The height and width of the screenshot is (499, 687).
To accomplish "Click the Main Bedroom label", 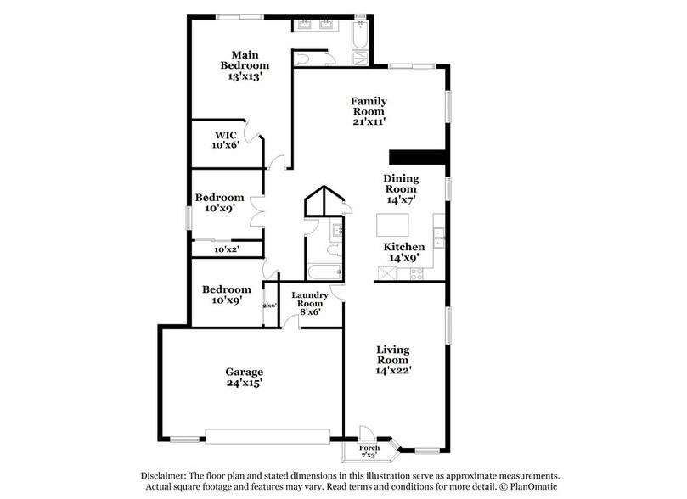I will click(245, 59).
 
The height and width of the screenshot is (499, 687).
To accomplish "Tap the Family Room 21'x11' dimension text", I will click(369, 121).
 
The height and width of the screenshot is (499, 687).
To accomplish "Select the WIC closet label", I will click(225, 134).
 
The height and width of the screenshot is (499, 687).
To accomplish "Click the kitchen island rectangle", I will click(392, 226).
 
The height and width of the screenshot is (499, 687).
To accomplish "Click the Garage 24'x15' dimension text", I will click(244, 383).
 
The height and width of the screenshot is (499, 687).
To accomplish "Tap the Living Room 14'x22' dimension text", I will click(393, 370).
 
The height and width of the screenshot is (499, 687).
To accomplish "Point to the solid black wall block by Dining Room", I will click(418, 156).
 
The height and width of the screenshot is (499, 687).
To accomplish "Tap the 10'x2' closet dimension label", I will click(226, 250).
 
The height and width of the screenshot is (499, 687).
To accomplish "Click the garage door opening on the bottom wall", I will click(267, 435).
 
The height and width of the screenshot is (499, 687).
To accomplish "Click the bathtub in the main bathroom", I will click(359, 37).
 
